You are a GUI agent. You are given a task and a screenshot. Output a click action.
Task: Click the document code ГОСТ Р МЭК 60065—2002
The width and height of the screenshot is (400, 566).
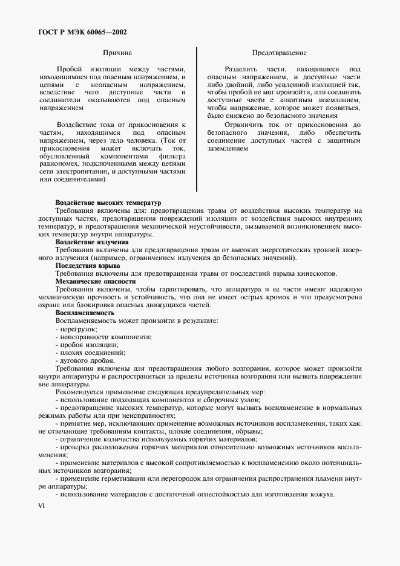point(82,33)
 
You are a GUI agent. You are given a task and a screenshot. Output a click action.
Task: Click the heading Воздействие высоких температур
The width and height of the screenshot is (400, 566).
point(108,203)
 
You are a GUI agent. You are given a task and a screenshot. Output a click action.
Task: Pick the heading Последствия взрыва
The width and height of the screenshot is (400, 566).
point(88,265)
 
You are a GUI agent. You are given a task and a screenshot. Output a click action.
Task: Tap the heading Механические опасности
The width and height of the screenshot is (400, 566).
point(96,281)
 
